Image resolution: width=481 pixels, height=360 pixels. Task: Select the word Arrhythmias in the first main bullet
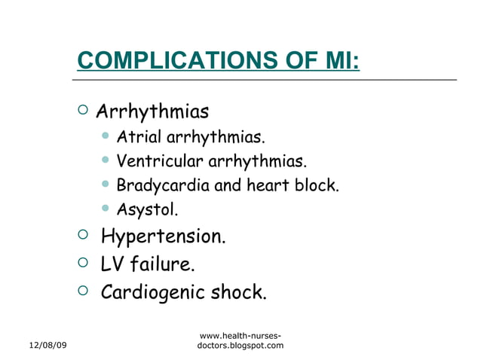(152, 113)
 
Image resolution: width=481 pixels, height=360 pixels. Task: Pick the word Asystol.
(147, 209)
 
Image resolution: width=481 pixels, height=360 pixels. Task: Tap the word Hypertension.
(163, 237)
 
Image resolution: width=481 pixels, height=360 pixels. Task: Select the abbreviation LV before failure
(112, 264)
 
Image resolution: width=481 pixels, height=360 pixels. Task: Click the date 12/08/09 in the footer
(47, 345)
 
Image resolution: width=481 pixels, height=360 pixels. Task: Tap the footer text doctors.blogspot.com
(240, 345)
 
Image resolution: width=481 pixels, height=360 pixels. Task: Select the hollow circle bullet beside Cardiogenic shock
(82, 290)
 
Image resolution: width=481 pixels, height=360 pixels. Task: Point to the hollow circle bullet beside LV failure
(82, 263)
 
